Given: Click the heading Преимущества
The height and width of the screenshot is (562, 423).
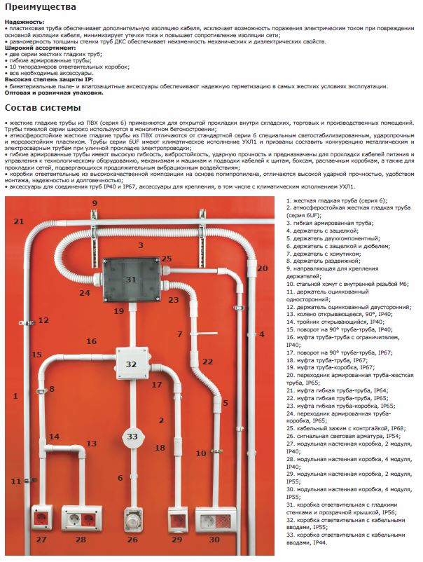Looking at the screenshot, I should click(40, 7).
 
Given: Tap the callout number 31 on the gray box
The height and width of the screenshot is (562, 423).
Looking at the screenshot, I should click(131, 279).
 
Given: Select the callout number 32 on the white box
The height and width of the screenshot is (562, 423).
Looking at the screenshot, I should click(131, 364).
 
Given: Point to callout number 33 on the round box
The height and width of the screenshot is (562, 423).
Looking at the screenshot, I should click(133, 437).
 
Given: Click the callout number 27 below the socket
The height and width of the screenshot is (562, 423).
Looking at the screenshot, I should click(41, 539).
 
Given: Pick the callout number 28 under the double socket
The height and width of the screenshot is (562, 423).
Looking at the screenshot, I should click(81, 539).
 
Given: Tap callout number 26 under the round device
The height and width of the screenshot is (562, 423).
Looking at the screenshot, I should click(132, 539).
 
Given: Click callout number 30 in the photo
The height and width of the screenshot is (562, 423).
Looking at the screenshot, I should click(214, 539).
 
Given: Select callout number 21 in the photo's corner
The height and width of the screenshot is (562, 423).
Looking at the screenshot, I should click(19, 221).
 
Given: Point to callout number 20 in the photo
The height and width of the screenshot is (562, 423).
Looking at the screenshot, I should click(262, 268).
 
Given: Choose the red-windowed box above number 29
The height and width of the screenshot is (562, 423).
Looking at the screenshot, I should click(176, 519).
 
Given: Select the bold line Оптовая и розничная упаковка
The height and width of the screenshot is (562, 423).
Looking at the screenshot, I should click(54, 92).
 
